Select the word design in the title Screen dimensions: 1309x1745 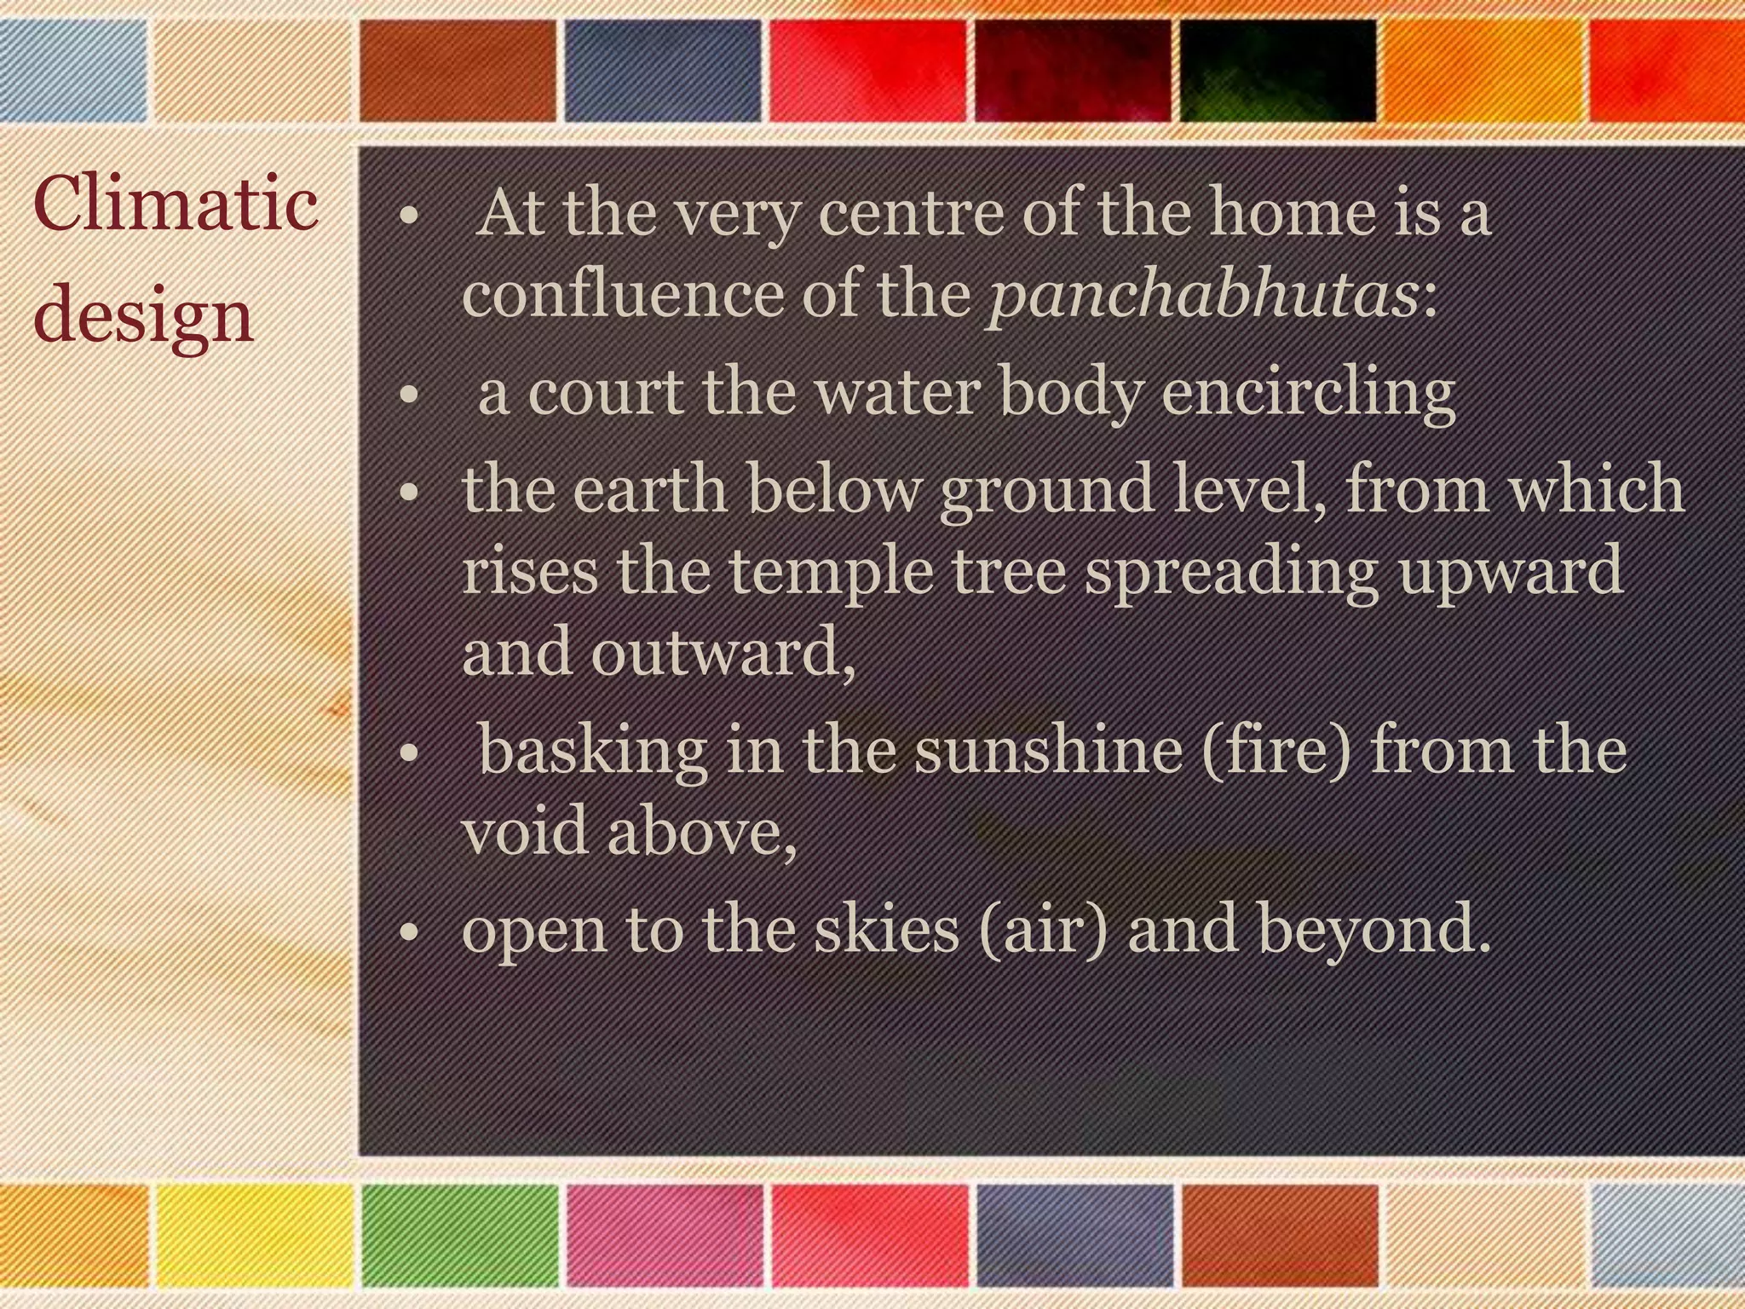144,318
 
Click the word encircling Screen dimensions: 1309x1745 1309,394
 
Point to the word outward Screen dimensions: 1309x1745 723,651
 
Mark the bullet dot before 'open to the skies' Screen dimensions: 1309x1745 410,932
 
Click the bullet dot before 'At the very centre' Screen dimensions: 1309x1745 410,216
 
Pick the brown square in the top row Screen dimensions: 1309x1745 458,70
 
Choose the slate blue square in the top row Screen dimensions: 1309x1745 663,70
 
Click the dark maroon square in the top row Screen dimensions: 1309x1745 1072,70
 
